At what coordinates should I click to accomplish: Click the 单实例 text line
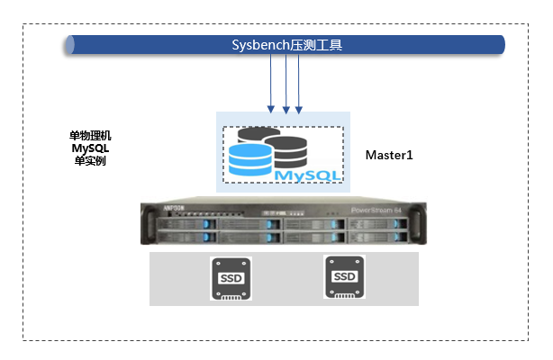pos(90,161)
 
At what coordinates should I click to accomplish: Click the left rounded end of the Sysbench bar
pos(70,44)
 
